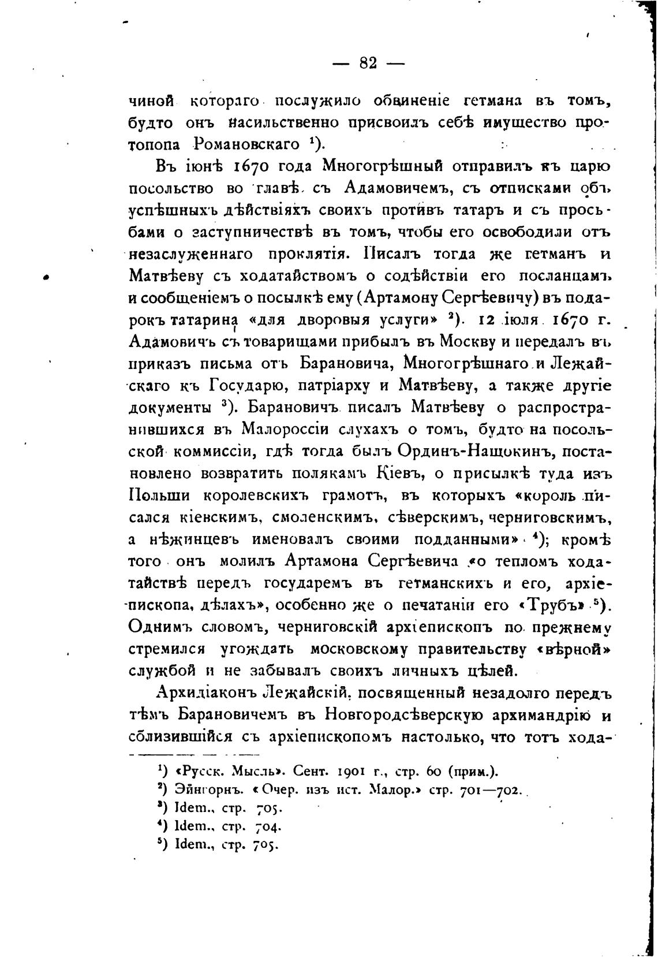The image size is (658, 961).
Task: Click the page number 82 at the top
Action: coord(368,63)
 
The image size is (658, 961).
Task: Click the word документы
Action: coord(169,408)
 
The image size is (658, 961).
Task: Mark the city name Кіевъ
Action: coord(398,473)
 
